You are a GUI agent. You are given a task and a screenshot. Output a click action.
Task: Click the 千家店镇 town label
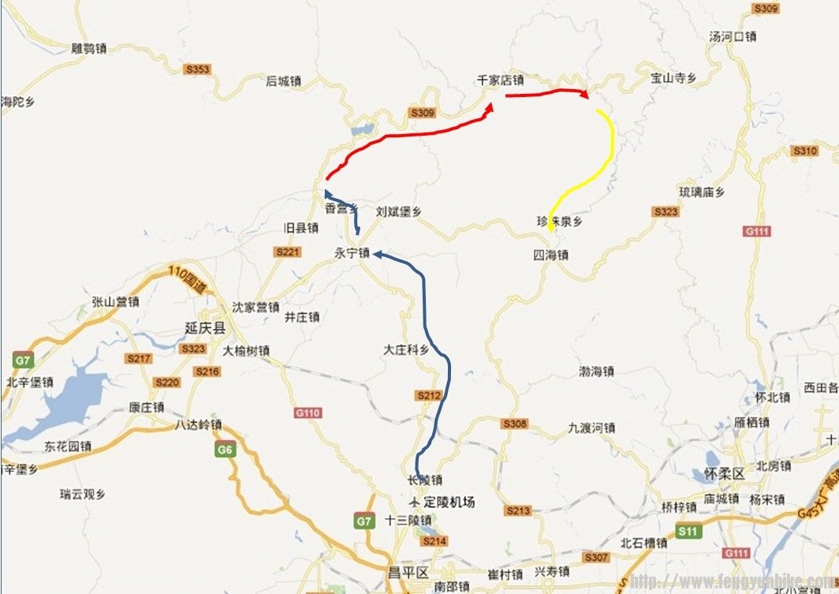tap(500, 80)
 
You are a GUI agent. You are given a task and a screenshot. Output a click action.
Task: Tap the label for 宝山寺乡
tap(673, 77)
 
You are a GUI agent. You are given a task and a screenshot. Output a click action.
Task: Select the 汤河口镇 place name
tap(733, 36)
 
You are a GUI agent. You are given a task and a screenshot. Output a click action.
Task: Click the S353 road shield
tap(197, 69)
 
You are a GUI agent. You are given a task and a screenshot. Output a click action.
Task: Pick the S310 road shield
tap(805, 151)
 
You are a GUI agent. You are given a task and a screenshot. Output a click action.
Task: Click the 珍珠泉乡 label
tap(560, 222)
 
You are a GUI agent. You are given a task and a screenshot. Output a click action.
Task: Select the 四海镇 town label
tap(550, 255)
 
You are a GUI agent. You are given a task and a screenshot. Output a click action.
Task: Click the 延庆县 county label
tap(205, 327)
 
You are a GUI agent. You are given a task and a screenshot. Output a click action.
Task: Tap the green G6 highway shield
tap(226, 450)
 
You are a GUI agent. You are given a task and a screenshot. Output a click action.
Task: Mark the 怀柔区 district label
tap(723, 474)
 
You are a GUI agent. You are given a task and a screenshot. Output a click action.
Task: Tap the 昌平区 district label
tap(406, 571)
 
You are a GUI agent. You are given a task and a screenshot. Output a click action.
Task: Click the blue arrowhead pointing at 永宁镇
tap(378, 254)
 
